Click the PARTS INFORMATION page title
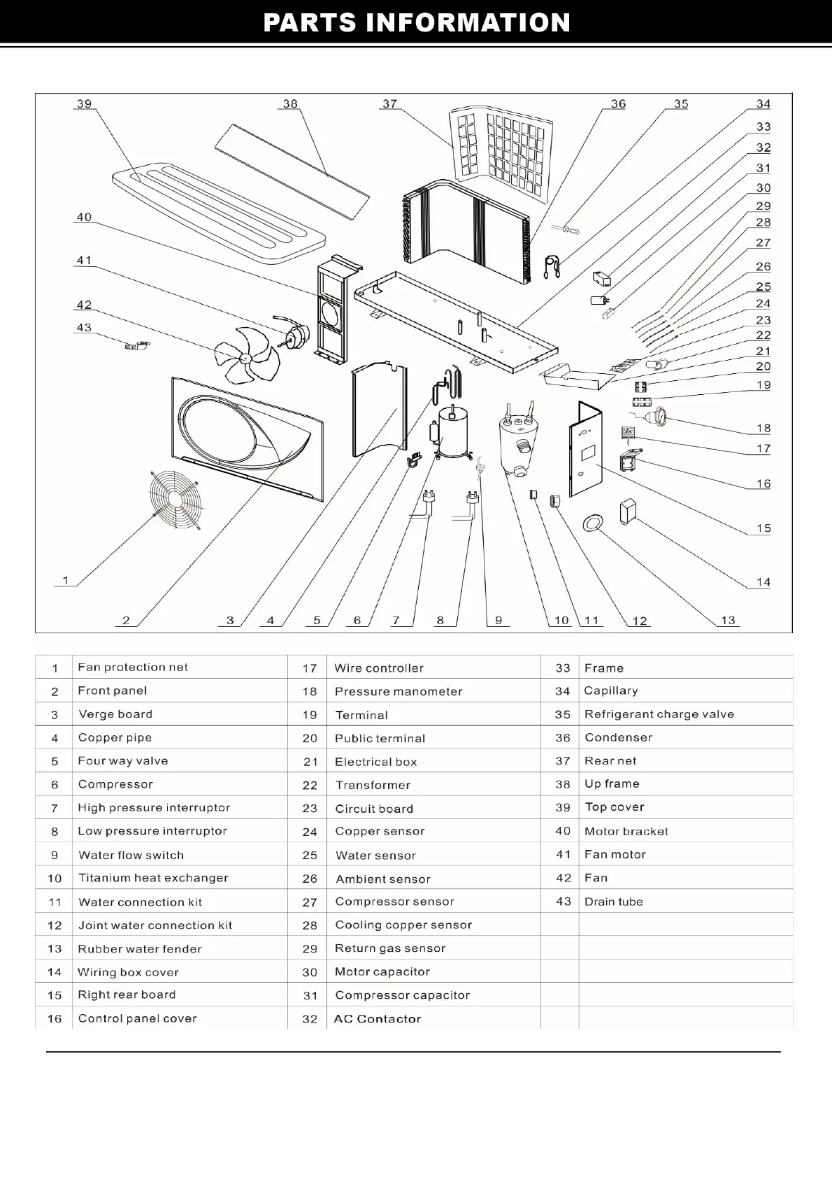(417, 23)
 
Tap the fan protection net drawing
(175, 500)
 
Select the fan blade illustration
(246, 356)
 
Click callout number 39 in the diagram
(84, 104)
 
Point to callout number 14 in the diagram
(763, 582)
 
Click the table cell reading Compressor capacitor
(402, 995)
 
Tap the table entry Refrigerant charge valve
(659, 714)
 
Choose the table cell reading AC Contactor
(378, 1019)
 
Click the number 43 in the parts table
(564, 902)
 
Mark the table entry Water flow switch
(131, 855)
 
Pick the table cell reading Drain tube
(613, 902)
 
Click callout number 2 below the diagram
(126, 620)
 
